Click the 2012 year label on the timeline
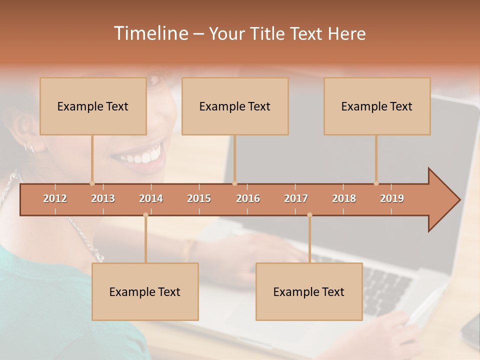(55, 198)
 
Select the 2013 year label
(103, 198)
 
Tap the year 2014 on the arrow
(151, 198)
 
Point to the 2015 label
(199, 198)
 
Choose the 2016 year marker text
(248, 198)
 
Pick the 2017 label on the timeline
(296, 198)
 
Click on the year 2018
(344, 198)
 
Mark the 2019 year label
(392, 198)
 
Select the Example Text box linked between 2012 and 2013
(93, 106)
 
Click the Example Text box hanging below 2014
(145, 292)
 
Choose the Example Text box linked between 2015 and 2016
(235, 106)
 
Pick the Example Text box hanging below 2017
(309, 292)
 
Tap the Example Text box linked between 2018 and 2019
(377, 106)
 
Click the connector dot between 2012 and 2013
(92, 183)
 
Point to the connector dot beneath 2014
(145, 215)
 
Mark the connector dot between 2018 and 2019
(376, 183)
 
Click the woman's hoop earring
(29, 147)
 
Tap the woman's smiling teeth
(142, 156)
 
